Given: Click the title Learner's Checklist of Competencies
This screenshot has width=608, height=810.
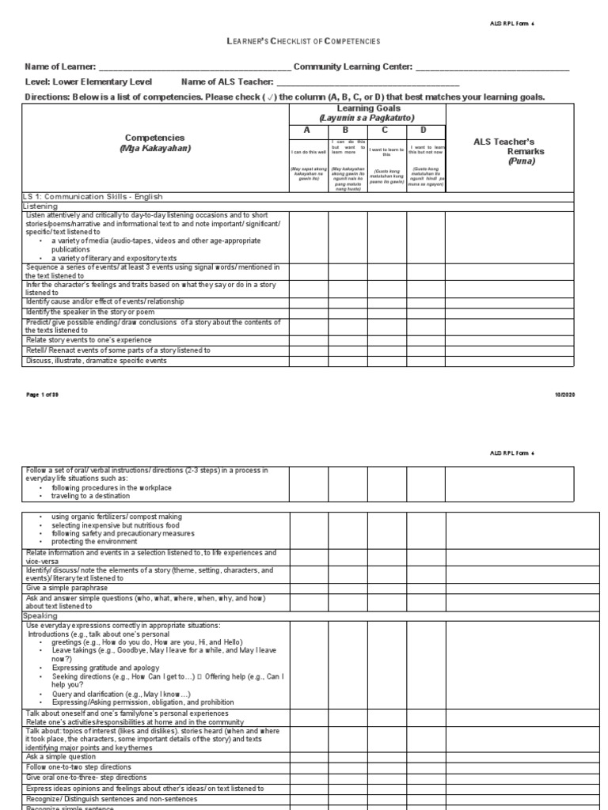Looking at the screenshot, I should [x=304, y=40].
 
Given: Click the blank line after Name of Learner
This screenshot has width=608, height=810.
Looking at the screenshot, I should [x=195, y=69].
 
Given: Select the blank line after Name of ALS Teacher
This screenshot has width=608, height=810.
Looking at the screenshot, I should [x=367, y=83].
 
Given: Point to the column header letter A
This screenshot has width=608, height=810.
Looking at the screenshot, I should [x=308, y=131].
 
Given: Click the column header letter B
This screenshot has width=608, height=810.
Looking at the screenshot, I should [x=347, y=131].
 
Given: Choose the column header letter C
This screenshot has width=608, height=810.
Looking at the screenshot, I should [x=386, y=131].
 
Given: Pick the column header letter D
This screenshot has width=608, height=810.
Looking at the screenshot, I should [x=425, y=131].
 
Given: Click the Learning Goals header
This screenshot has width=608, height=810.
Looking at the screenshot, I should [x=367, y=112].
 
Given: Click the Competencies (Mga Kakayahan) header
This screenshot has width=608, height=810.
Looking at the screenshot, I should [x=155, y=143].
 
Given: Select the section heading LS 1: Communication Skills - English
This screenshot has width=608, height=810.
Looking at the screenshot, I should [x=88, y=195].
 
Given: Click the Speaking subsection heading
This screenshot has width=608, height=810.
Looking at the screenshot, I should [x=40, y=615].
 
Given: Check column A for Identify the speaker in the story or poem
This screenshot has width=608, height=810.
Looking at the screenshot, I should [x=309, y=312].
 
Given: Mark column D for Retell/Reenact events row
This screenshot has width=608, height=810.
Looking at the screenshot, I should [x=426, y=350].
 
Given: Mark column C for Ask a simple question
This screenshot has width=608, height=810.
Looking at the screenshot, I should [x=386, y=756].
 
